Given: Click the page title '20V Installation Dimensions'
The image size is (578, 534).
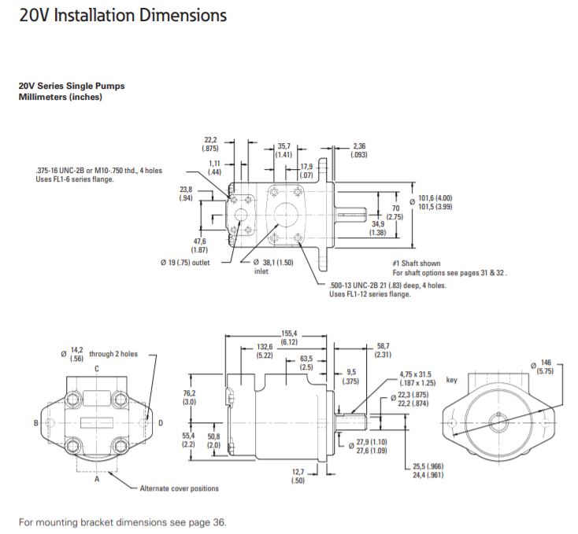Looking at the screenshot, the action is (x=123, y=16).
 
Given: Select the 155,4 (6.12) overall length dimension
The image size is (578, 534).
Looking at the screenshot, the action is (x=289, y=338).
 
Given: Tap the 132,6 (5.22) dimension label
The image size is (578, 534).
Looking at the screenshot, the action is (x=265, y=351).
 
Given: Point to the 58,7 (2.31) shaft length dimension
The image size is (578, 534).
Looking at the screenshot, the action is (x=383, y=350).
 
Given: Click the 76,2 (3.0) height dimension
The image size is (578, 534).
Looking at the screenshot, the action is (x=189, y=397).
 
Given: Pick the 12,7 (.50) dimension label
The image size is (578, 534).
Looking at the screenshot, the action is (x=298, y=477).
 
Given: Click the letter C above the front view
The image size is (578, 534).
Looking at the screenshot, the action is (x=97, y=369).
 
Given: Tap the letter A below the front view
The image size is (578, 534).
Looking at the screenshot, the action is (x=97, y=479).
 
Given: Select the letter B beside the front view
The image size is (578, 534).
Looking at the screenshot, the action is (x=36, y=423).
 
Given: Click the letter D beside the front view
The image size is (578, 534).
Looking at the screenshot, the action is (x=161, y=423).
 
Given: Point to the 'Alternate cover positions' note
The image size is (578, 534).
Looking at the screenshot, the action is (x=180, y=488).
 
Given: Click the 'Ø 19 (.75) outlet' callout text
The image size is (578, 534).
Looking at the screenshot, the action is (x=185, y=263).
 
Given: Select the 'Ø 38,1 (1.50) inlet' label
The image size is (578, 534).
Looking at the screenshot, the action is (x=273, y=267).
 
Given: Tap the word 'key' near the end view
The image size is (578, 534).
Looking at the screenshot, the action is (x=451, y=380).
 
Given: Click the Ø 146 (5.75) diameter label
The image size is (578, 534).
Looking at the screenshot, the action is (x=543, y=367).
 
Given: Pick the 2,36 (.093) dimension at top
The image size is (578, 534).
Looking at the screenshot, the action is (x=359, y=150).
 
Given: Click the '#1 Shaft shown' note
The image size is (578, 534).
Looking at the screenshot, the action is (x=417, y=263).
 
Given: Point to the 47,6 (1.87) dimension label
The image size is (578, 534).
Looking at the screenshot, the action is (x=199, y=245).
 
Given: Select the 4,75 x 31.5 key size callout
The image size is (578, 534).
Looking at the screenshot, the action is (x=417, y=378).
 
